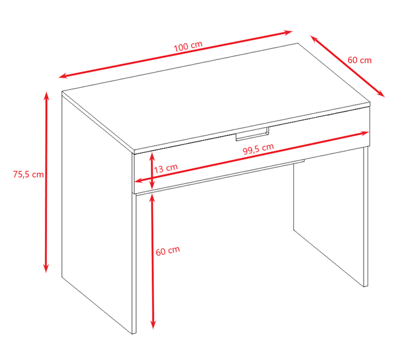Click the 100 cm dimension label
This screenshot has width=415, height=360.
pyautogui.click(x=188, y=46)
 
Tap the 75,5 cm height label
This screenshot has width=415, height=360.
pyautogui.click(x=28, y=175)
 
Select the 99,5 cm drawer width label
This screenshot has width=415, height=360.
pyautogui.click(x=258, y=149)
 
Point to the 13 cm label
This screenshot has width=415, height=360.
pyautogui.click(x=166, y=169)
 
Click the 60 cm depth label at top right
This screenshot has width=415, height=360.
pyautogui.click(x=359, y=60)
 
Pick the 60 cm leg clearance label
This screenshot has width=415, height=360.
pyautogui.click(x=168, y=250)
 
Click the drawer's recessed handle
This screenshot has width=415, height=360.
pyautogui.click(x=252, y=134)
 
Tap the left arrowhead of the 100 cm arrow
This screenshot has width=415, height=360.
pyautogui.click(x=62, y=76)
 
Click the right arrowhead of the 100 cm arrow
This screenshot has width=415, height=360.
pyautogui.click(x=288, y=32)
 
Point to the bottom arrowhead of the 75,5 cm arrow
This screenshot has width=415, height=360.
pyautogui.click(x=46, y=268)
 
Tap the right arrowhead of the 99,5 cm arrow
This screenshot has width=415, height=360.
pyautogui.click(x=365, y=133)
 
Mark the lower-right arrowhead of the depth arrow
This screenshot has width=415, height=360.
pyautogui.click(x=381, y=94)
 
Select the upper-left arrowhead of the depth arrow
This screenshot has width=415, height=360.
pyautogui.click(x=314, y=39)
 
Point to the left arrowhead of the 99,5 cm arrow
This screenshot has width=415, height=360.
pyautogui.click(x=139, y=181)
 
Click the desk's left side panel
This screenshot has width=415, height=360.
pyautogui.click(x=97, y=212)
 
